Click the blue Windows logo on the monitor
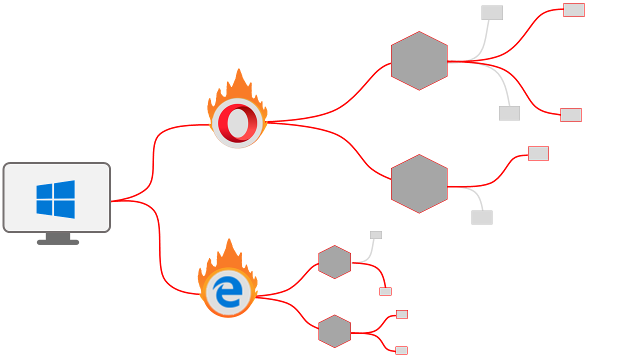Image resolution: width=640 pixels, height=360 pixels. tap(55, 199)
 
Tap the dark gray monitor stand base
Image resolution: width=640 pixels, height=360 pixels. tap(58, 242)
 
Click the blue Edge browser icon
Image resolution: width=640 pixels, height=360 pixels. tap(228, 292)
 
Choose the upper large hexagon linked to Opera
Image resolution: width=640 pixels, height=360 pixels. tap(419, 61)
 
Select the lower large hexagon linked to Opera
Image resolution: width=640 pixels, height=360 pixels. tap(419, 184)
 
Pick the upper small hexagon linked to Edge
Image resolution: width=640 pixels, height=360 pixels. tap(334, 262)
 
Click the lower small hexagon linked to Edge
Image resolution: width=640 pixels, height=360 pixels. tap(334, 331)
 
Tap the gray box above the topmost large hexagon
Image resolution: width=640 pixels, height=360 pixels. tap(492, 13)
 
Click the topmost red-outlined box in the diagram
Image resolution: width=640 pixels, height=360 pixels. tap(573, 10)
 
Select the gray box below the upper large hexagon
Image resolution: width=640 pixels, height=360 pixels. tap(509, 113)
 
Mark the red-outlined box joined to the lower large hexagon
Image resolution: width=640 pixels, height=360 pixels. tap(538, 153)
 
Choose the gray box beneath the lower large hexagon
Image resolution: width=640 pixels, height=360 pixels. tap(481, 217)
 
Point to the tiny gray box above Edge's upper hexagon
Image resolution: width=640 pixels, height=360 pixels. tap(375, 235)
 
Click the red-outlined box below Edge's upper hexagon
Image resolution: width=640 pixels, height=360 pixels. tap(385, 291)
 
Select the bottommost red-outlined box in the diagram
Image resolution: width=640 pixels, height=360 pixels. tap(401, 350)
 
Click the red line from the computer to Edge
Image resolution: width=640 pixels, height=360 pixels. tap(160, 250)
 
